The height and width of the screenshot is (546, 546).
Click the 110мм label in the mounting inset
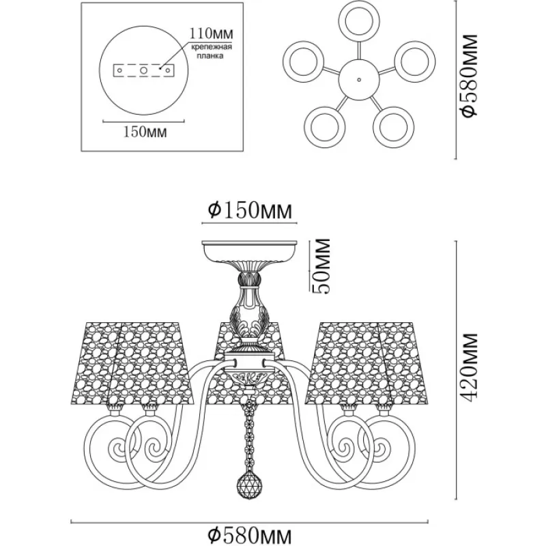pyautogui.click(x=211, y=33)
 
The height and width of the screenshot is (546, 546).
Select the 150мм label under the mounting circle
pyautogui.click(x=145, y=132)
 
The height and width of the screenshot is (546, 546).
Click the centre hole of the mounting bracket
pyautogui.click(x=143, y=70)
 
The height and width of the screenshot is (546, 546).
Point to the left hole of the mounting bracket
pyautogui.click(x=119, y=70)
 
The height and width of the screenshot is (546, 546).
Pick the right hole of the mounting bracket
pyautogui.click(x=168, y=70)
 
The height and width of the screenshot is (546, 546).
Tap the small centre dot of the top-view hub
pyautogui.click(x=359, y=79)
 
